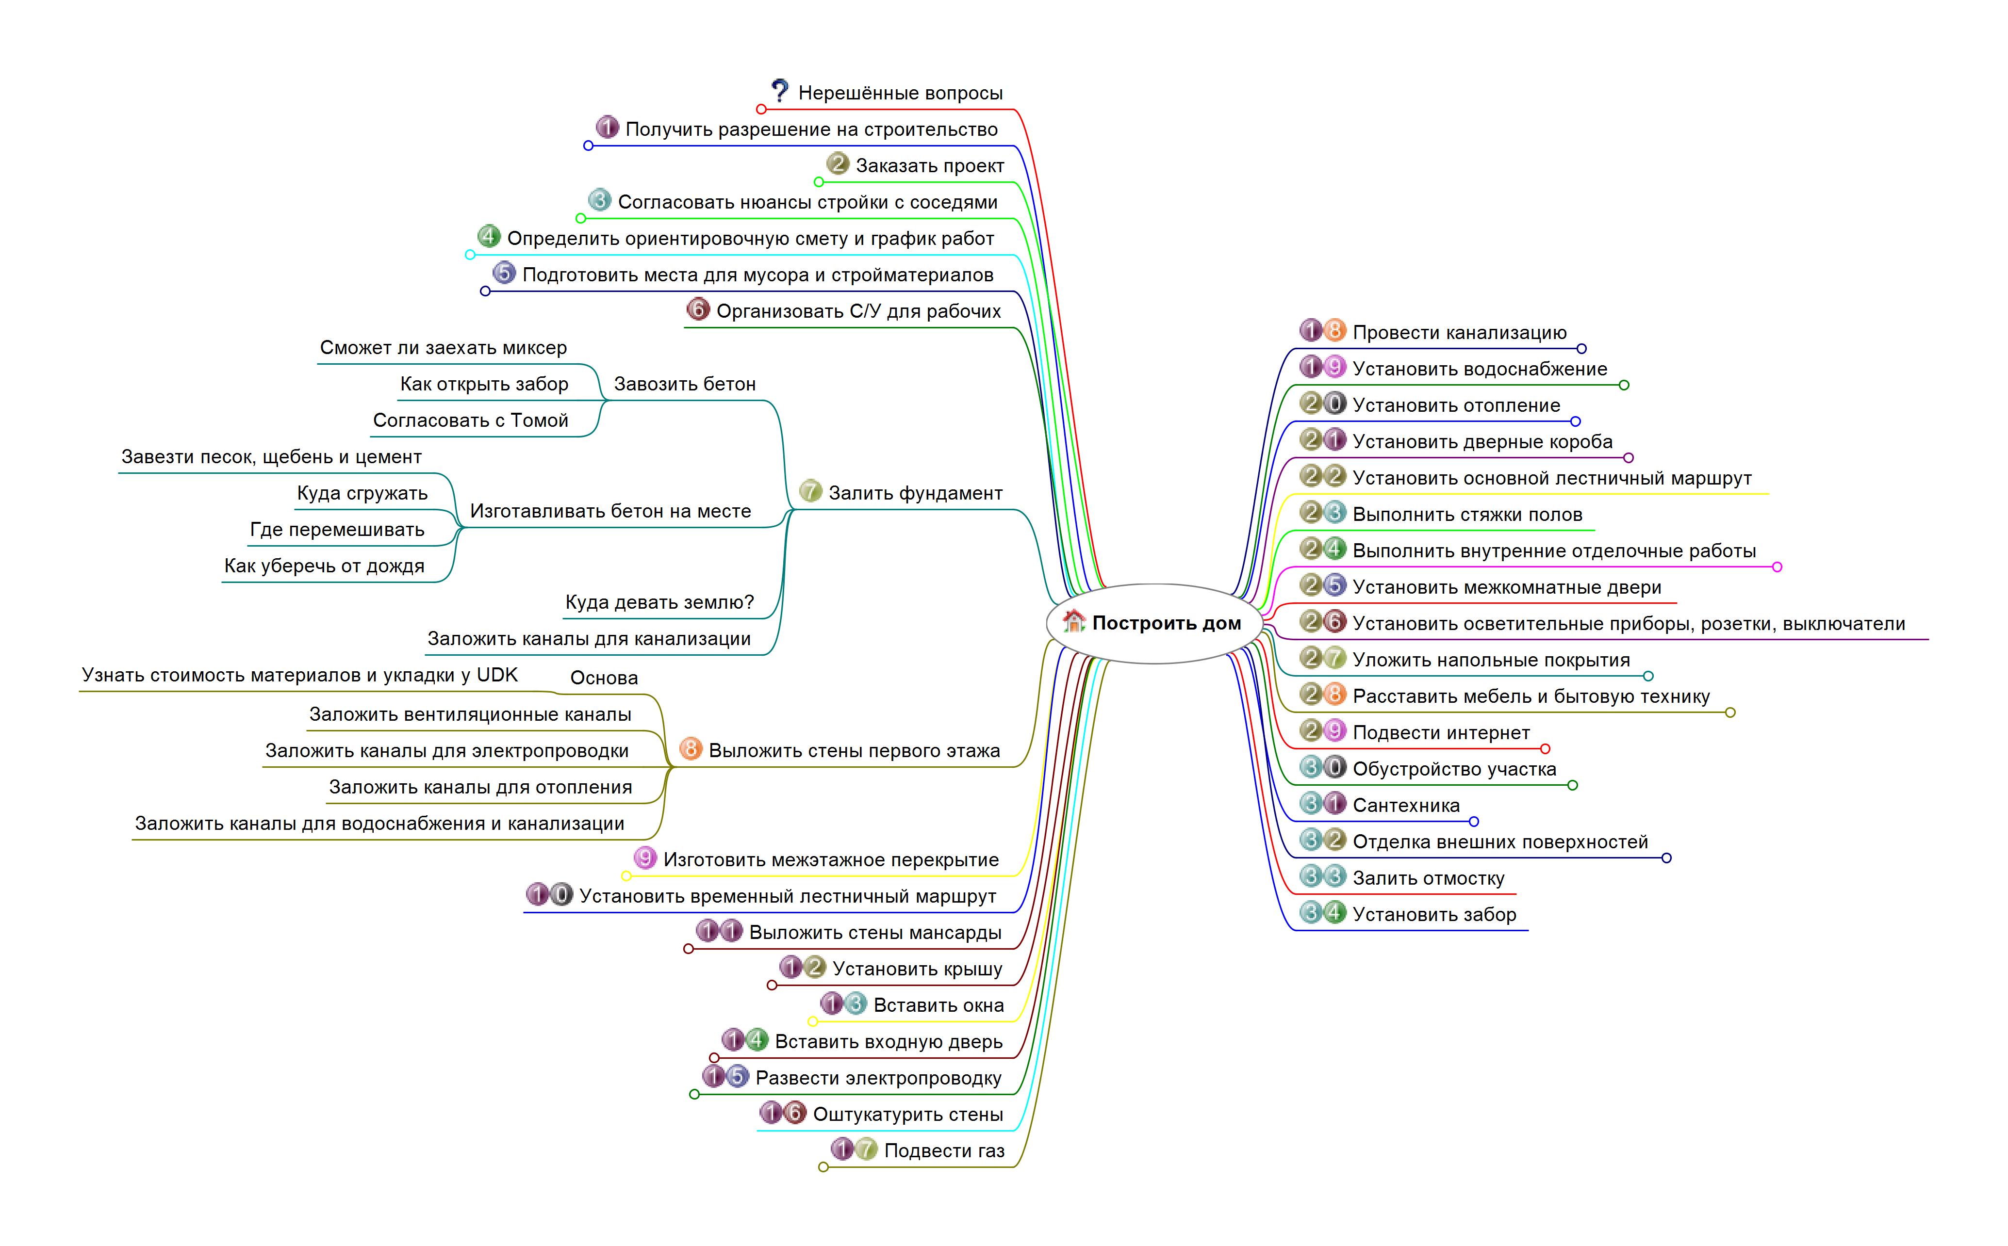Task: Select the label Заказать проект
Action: (930, 166)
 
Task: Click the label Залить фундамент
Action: (915, 493)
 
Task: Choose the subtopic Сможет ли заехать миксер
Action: (444, 348)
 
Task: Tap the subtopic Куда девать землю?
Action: (659, 602)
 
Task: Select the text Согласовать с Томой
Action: (471, 421)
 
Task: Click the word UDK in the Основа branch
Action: (497, 675)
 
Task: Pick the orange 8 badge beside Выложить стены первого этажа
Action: (690, 749)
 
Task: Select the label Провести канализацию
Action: (1459, 333)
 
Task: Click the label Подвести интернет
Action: (1441, 732)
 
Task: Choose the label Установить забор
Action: (1434, 915)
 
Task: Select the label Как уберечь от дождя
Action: (324, 566)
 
